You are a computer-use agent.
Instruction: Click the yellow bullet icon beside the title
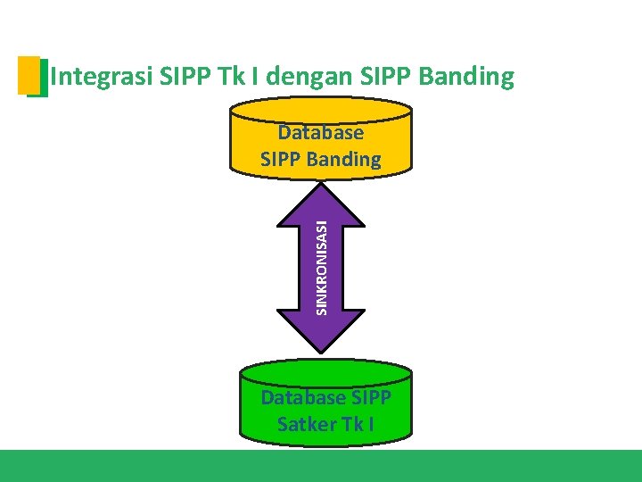pos(29,76)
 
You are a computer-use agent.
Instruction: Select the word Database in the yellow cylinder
pos(321,133)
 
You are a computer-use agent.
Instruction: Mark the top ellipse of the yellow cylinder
pos(321,110)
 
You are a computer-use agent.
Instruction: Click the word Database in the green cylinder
pos(300,398)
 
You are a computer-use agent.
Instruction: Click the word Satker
pos(307,425)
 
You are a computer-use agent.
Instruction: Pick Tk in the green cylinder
pos(353,425)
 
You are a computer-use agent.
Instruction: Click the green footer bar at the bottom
pos(321,466)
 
